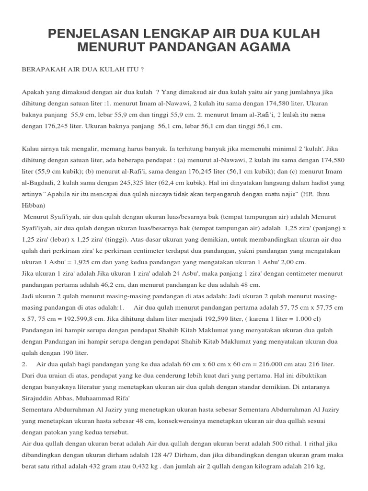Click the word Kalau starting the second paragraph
(x=31, y=148)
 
